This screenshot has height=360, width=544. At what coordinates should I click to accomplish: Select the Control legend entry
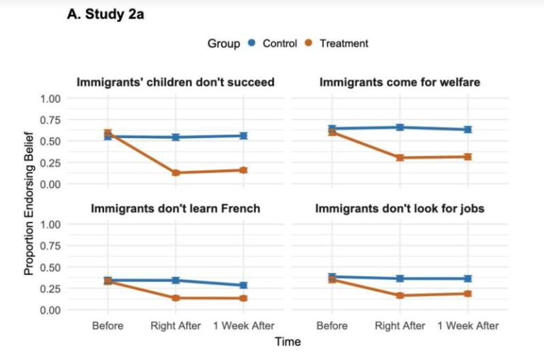coord(279,43)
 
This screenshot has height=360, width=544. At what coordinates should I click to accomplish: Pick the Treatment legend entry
coord(344,43)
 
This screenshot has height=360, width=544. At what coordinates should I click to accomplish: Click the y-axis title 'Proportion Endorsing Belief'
coord(29,203)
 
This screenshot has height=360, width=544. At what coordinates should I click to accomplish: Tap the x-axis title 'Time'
coord(288,342)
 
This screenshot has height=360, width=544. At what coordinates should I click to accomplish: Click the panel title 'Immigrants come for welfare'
coord(399,82)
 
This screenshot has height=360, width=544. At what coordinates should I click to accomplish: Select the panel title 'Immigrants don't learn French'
coord(175,208)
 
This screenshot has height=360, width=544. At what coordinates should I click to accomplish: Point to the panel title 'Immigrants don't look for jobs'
coord(399,208)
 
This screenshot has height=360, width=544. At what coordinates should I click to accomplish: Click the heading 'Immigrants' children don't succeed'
coord(175,82)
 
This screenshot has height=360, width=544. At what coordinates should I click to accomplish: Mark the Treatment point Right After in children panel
coord(176,172)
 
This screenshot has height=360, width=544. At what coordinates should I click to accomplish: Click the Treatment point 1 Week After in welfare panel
coord(467,157)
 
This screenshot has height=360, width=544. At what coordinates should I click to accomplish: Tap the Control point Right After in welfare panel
coord(400,128)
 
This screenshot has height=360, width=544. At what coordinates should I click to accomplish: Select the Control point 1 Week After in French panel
coord(244,286)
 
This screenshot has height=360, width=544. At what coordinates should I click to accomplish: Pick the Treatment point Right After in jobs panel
coord(400,296)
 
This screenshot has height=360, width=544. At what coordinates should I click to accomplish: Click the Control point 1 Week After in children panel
coord(244,135)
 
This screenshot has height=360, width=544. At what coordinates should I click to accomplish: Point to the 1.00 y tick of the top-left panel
coord(50,98)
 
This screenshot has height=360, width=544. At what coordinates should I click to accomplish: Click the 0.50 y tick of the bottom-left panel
coord(50,267)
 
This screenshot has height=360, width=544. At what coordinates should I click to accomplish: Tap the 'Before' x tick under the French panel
coord(108,326)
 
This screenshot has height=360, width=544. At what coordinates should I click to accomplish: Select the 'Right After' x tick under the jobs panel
coord(400,326)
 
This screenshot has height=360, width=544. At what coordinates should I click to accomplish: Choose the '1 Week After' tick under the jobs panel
coord(467,326)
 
